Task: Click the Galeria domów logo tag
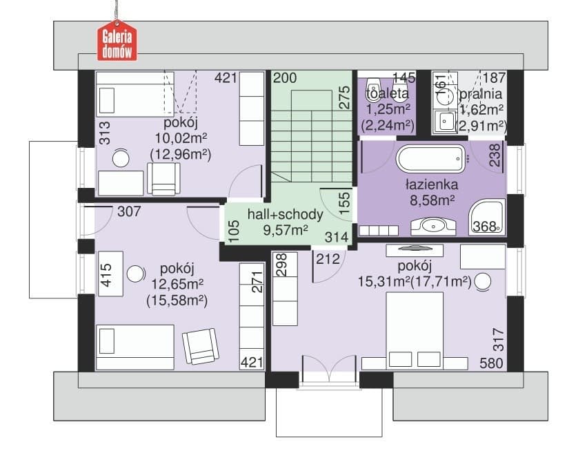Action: pyautogui.click(x=117, y=41)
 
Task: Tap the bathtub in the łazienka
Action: pyautogui.click(x=431, y=159)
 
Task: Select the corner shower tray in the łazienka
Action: pyautogui.click(x=486, y=218)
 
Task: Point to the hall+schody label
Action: pyautogui.click(x=285, y=214)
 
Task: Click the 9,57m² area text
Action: pyautogui.click(x=286, y=230)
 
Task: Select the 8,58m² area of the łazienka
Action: pyautogui.click(x=432, y=200)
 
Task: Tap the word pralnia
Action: pyautogui.click(x=481, y=94)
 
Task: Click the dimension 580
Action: pyautogui.click(x=491, y=363)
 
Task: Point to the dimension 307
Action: pyautogui.click(x=129, y=211)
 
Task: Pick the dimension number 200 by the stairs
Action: pyautogui.click(x=285, y=78)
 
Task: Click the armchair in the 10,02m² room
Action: pyautogui.click(x=163, y=179)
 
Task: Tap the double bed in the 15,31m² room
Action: pyautogui.click(x=415, y=331)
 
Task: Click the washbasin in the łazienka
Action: pyautogui.click(x=433, y=226)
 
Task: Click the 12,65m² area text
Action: pyautogui.click(x=177, y=285)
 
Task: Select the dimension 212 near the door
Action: pyautogui.click(x=328, y=259)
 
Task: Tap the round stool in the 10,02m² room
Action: pyautogui.click(x=121, y=159)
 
